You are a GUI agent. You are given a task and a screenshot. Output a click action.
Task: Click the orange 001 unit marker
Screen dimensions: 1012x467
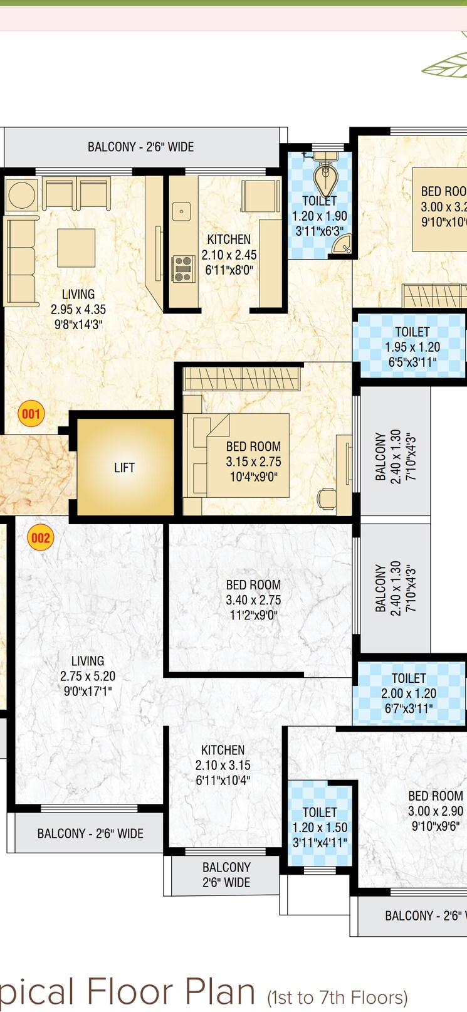31,413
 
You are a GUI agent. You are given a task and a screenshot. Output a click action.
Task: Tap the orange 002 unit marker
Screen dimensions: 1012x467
40,537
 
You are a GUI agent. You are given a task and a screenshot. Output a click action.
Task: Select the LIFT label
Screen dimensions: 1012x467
124,468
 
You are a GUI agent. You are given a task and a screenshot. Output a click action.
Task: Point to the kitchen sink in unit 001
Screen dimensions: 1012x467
182,211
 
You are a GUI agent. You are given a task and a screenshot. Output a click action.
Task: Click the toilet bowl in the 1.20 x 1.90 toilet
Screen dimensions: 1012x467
325,179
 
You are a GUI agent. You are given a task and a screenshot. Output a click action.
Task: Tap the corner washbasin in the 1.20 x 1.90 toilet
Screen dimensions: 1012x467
342,246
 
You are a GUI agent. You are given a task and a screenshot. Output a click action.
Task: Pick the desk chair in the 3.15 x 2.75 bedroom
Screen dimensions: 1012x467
327,498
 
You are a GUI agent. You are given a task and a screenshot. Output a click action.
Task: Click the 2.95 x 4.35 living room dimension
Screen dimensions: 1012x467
78,309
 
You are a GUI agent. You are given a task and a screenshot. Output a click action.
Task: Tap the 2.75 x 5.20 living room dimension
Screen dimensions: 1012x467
88,676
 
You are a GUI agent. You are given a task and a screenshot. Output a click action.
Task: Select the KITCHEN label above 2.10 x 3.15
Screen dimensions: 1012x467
223,750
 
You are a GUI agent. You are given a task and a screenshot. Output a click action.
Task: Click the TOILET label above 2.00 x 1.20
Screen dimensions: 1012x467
409,678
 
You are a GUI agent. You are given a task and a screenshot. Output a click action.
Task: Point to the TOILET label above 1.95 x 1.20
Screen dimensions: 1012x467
412,332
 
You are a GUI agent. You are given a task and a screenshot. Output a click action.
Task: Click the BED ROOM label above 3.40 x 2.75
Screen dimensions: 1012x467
253,584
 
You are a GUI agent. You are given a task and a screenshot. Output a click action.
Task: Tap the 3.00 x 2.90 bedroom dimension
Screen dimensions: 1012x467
436,811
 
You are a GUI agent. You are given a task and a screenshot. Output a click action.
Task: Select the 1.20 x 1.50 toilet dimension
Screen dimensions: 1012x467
320,828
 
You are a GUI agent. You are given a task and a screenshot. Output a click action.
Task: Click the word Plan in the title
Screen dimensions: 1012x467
213,991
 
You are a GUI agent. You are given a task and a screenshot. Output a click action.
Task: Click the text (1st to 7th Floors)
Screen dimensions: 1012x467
337,998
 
